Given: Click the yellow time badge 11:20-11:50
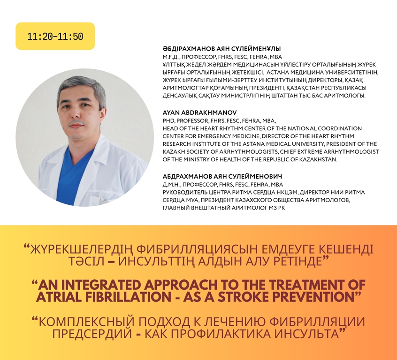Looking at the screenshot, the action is (x=55, y=36).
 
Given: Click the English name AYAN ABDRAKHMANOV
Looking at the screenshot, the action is (x=200, y=112).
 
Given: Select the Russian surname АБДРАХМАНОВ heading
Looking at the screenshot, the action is (x=187, y=176).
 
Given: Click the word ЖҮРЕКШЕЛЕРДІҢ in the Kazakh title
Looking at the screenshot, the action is (x=81, y=250).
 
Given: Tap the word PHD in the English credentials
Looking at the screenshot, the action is (x=168, y=120).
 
